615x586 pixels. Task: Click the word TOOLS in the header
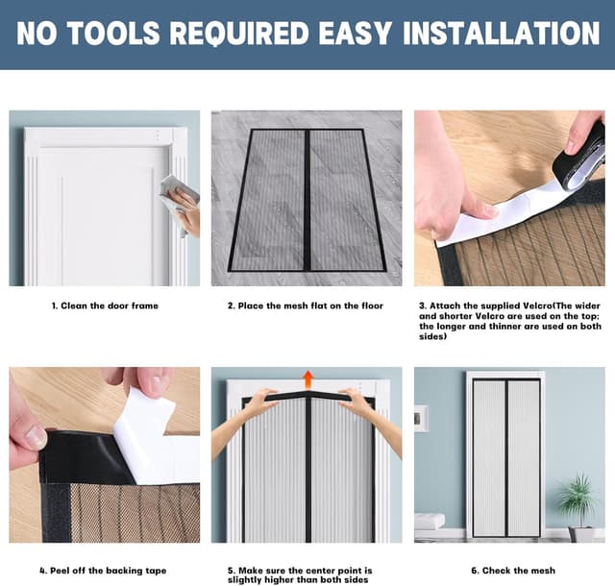pos(114,33)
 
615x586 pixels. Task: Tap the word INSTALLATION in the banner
pos(501,33)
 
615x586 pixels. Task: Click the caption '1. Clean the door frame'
pos(105,305)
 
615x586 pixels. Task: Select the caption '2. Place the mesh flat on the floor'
pos(306,305)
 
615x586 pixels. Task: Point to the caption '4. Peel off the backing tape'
pos(103,571)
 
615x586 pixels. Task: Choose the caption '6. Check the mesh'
pos(513,571)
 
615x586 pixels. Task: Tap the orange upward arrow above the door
pos(308,379)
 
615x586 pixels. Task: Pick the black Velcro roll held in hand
pos(579,154)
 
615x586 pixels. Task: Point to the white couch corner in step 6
pos(430,522)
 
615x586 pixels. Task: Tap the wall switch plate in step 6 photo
pos(421,419)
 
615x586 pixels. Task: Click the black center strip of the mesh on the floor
pos(307,200)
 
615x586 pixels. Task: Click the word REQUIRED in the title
pos(239,33)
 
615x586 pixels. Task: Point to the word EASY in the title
pos(356,33)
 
